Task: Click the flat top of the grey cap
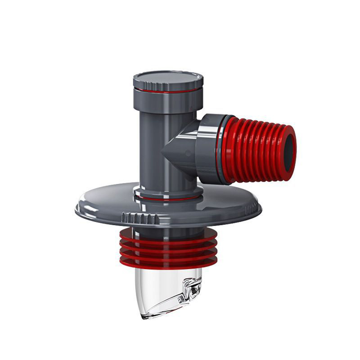(168, 77)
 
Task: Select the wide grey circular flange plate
(223, 205)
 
